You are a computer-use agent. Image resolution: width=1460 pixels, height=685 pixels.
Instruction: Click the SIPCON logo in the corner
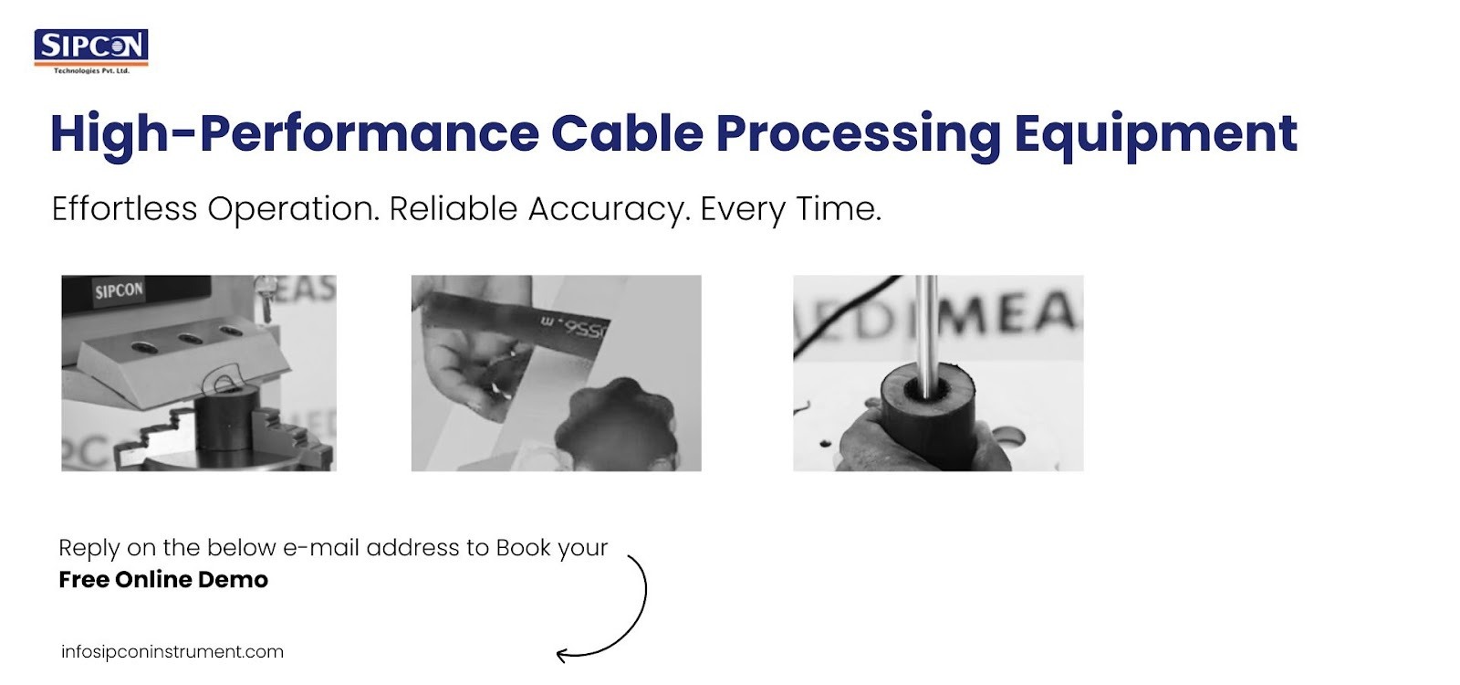point(91,47)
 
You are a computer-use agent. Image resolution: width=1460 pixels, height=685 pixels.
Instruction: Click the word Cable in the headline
point(627,133)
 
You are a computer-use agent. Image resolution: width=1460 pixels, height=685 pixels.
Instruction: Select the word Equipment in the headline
point(1155,133)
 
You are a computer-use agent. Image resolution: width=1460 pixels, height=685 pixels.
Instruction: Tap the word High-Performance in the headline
point(294,133)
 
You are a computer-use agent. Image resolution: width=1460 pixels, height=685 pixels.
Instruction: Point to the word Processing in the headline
point(858,133)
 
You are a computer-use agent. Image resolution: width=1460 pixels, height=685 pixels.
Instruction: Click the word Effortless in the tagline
point(124,209)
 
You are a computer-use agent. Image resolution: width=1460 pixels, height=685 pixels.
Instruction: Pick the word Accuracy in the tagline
point(605,209)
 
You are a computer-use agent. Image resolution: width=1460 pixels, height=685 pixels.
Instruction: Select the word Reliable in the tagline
point(454,209)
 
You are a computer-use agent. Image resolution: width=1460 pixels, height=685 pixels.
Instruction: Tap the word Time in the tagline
point(838,209)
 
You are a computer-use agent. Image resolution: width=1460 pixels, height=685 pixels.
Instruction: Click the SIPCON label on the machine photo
point(119,291)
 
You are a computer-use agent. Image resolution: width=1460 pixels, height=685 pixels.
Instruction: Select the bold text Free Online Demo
point(163,580)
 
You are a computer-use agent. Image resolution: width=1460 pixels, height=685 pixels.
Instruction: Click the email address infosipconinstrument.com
point(172,652)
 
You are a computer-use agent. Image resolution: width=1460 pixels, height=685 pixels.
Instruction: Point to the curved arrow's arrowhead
point(562,654)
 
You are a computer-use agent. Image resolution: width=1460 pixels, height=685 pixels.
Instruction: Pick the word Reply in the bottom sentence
point(89,548)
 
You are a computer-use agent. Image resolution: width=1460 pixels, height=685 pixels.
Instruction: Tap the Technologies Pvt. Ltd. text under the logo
point(91,70)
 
